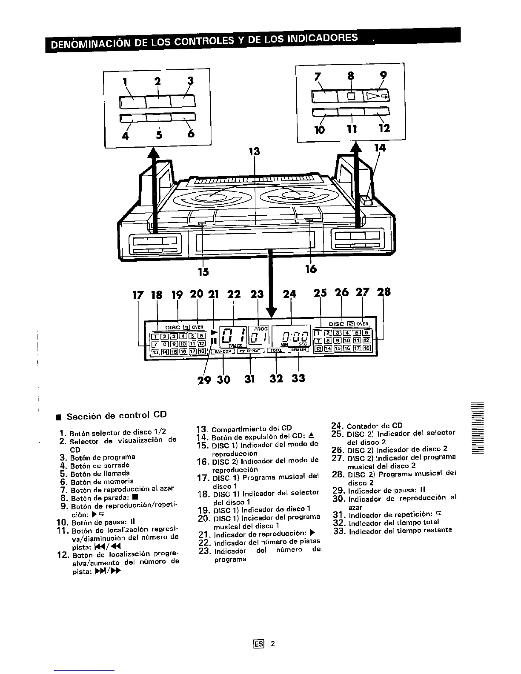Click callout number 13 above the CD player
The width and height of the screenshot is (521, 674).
coord(254,151)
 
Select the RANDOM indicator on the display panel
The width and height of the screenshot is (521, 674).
coord(223,351)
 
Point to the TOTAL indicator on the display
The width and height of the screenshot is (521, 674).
coord(277,350)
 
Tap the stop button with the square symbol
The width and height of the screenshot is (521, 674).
coord(351,97)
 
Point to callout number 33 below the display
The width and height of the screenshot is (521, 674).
coord(299,378)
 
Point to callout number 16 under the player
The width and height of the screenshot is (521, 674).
coord(311,269)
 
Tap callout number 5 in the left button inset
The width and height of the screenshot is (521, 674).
coord(159,134)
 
